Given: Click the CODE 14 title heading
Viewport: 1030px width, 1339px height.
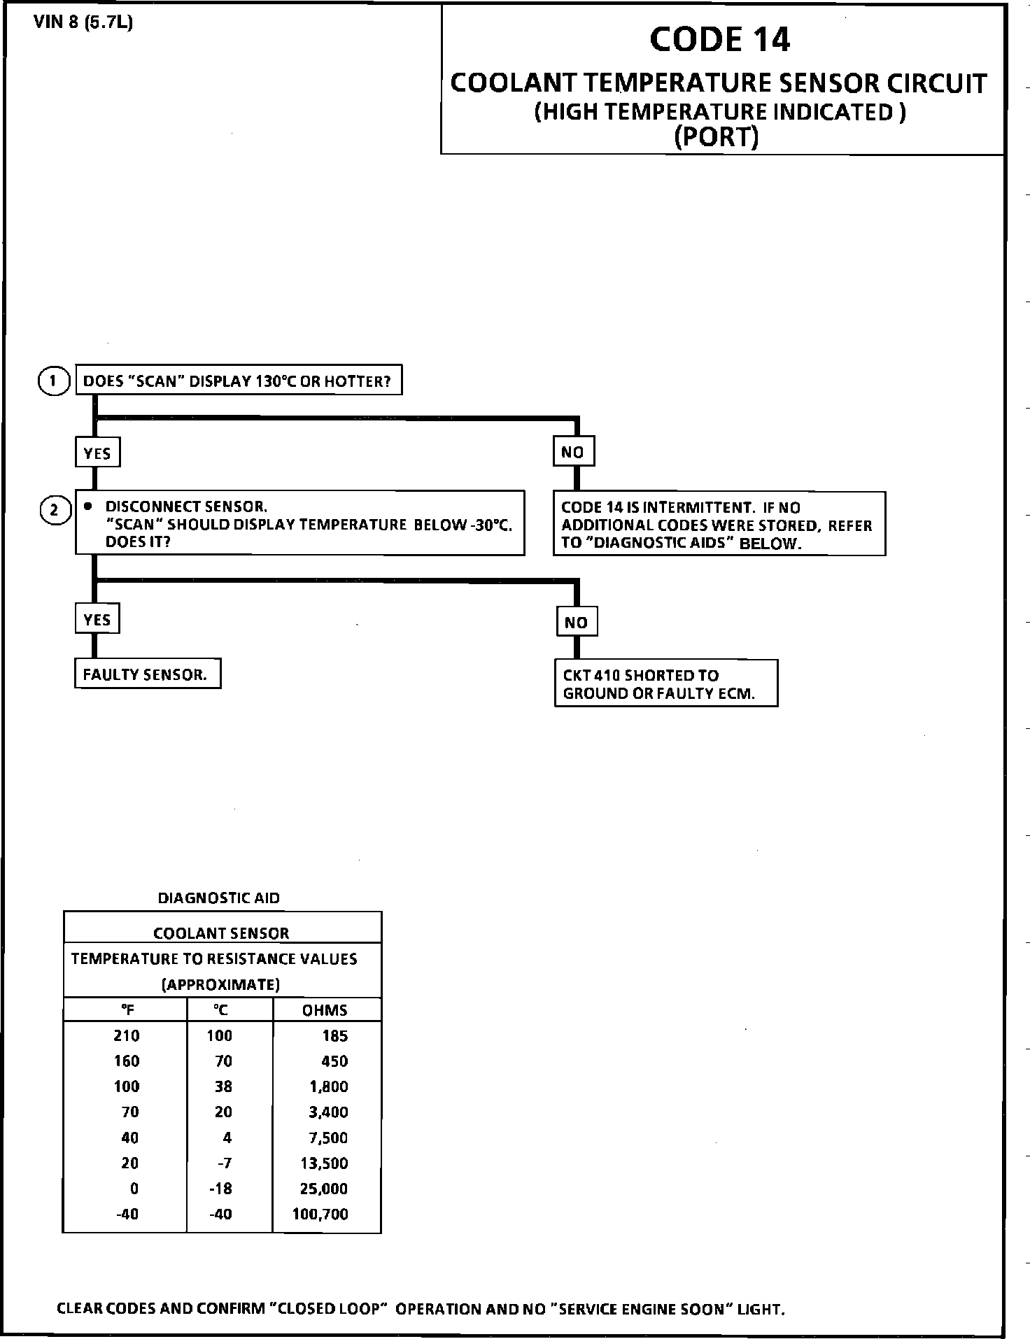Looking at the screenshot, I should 719,40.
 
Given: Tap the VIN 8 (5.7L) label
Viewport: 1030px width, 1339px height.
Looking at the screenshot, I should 83,22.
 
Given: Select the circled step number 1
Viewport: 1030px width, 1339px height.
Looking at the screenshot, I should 53,381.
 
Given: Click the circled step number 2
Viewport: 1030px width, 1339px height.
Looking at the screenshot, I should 55,511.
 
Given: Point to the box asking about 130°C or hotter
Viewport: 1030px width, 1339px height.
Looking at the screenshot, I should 238,381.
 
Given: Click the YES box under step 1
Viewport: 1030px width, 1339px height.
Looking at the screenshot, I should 97,453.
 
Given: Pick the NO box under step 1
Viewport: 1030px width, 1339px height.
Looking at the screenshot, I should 573,452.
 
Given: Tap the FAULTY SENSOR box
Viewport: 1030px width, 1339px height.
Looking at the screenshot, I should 147,674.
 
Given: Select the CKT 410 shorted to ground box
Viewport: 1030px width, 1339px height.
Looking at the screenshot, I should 665,683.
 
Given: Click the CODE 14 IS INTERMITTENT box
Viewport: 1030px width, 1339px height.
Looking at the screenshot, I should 719,525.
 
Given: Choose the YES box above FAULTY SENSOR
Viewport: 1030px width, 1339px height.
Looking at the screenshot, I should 97,619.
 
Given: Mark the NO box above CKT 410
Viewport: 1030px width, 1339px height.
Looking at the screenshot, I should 577,622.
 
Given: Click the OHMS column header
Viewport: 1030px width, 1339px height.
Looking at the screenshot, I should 325,1010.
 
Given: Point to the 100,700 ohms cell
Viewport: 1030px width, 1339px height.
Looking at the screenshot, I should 320,1214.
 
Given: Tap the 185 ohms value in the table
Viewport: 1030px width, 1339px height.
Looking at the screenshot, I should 335,1035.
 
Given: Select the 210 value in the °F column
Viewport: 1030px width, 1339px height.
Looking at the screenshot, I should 127,1035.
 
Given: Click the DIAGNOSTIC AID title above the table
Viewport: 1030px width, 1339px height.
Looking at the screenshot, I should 219,898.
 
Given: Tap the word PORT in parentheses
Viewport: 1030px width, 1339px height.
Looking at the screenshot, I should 716,136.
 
